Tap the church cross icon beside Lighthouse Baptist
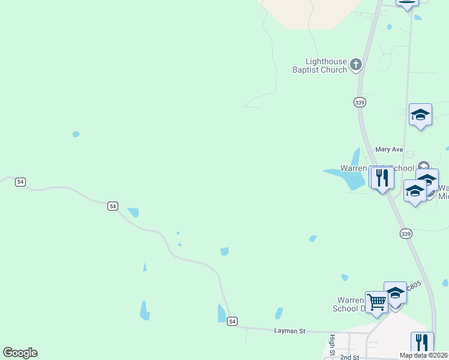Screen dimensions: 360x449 click(x=356, y=65)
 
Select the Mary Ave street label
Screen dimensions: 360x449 click(x=389, y=149)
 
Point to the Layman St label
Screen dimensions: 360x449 click(x=290, y=331)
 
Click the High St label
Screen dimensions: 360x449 click(x=331, y=345)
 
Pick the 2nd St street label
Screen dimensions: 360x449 click(x=349, y=357)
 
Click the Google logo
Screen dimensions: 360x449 click(x=20, y=353)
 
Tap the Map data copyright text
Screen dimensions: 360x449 click(x=424, y=355)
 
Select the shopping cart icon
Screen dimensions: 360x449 click(x=376, y=302)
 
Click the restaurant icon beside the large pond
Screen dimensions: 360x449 click(x=382, y=178)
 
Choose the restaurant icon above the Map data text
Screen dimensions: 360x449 click(x=422, y=343)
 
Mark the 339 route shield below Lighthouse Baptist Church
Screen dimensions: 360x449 click(x=360, y=102)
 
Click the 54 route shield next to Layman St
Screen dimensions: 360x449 click(x=232, y=321)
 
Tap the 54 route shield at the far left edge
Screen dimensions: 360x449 click(x=20, y=182)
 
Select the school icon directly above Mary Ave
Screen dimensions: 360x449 click(x=420, y=115)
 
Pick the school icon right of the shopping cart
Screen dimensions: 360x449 click(x=395, y=293)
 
